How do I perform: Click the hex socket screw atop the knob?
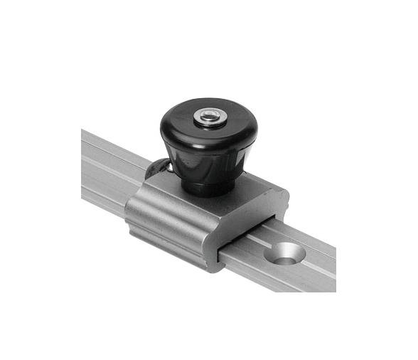[x=208, y=115]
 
